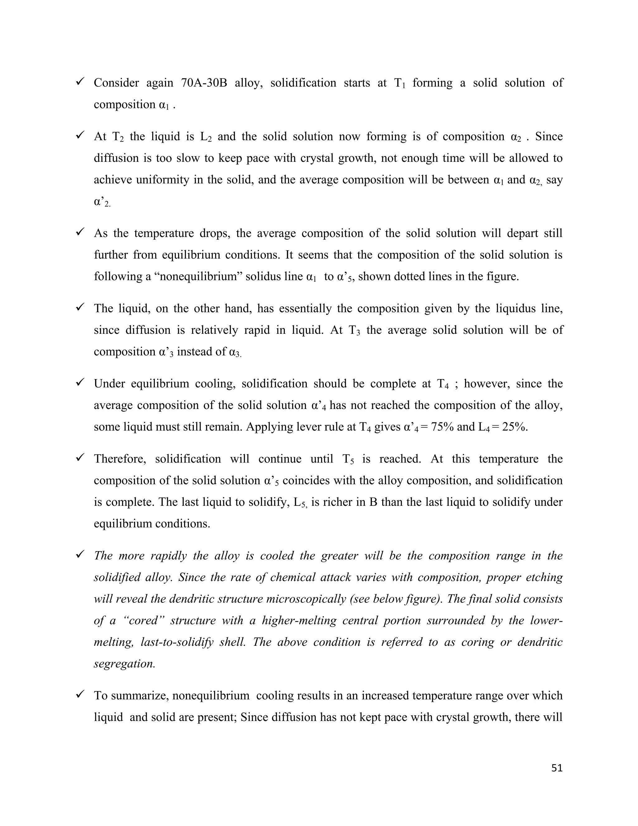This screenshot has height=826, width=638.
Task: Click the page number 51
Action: pos(557,768)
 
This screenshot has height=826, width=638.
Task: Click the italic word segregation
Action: pos(124,664)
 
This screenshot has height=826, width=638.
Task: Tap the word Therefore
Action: pos(120,459)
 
